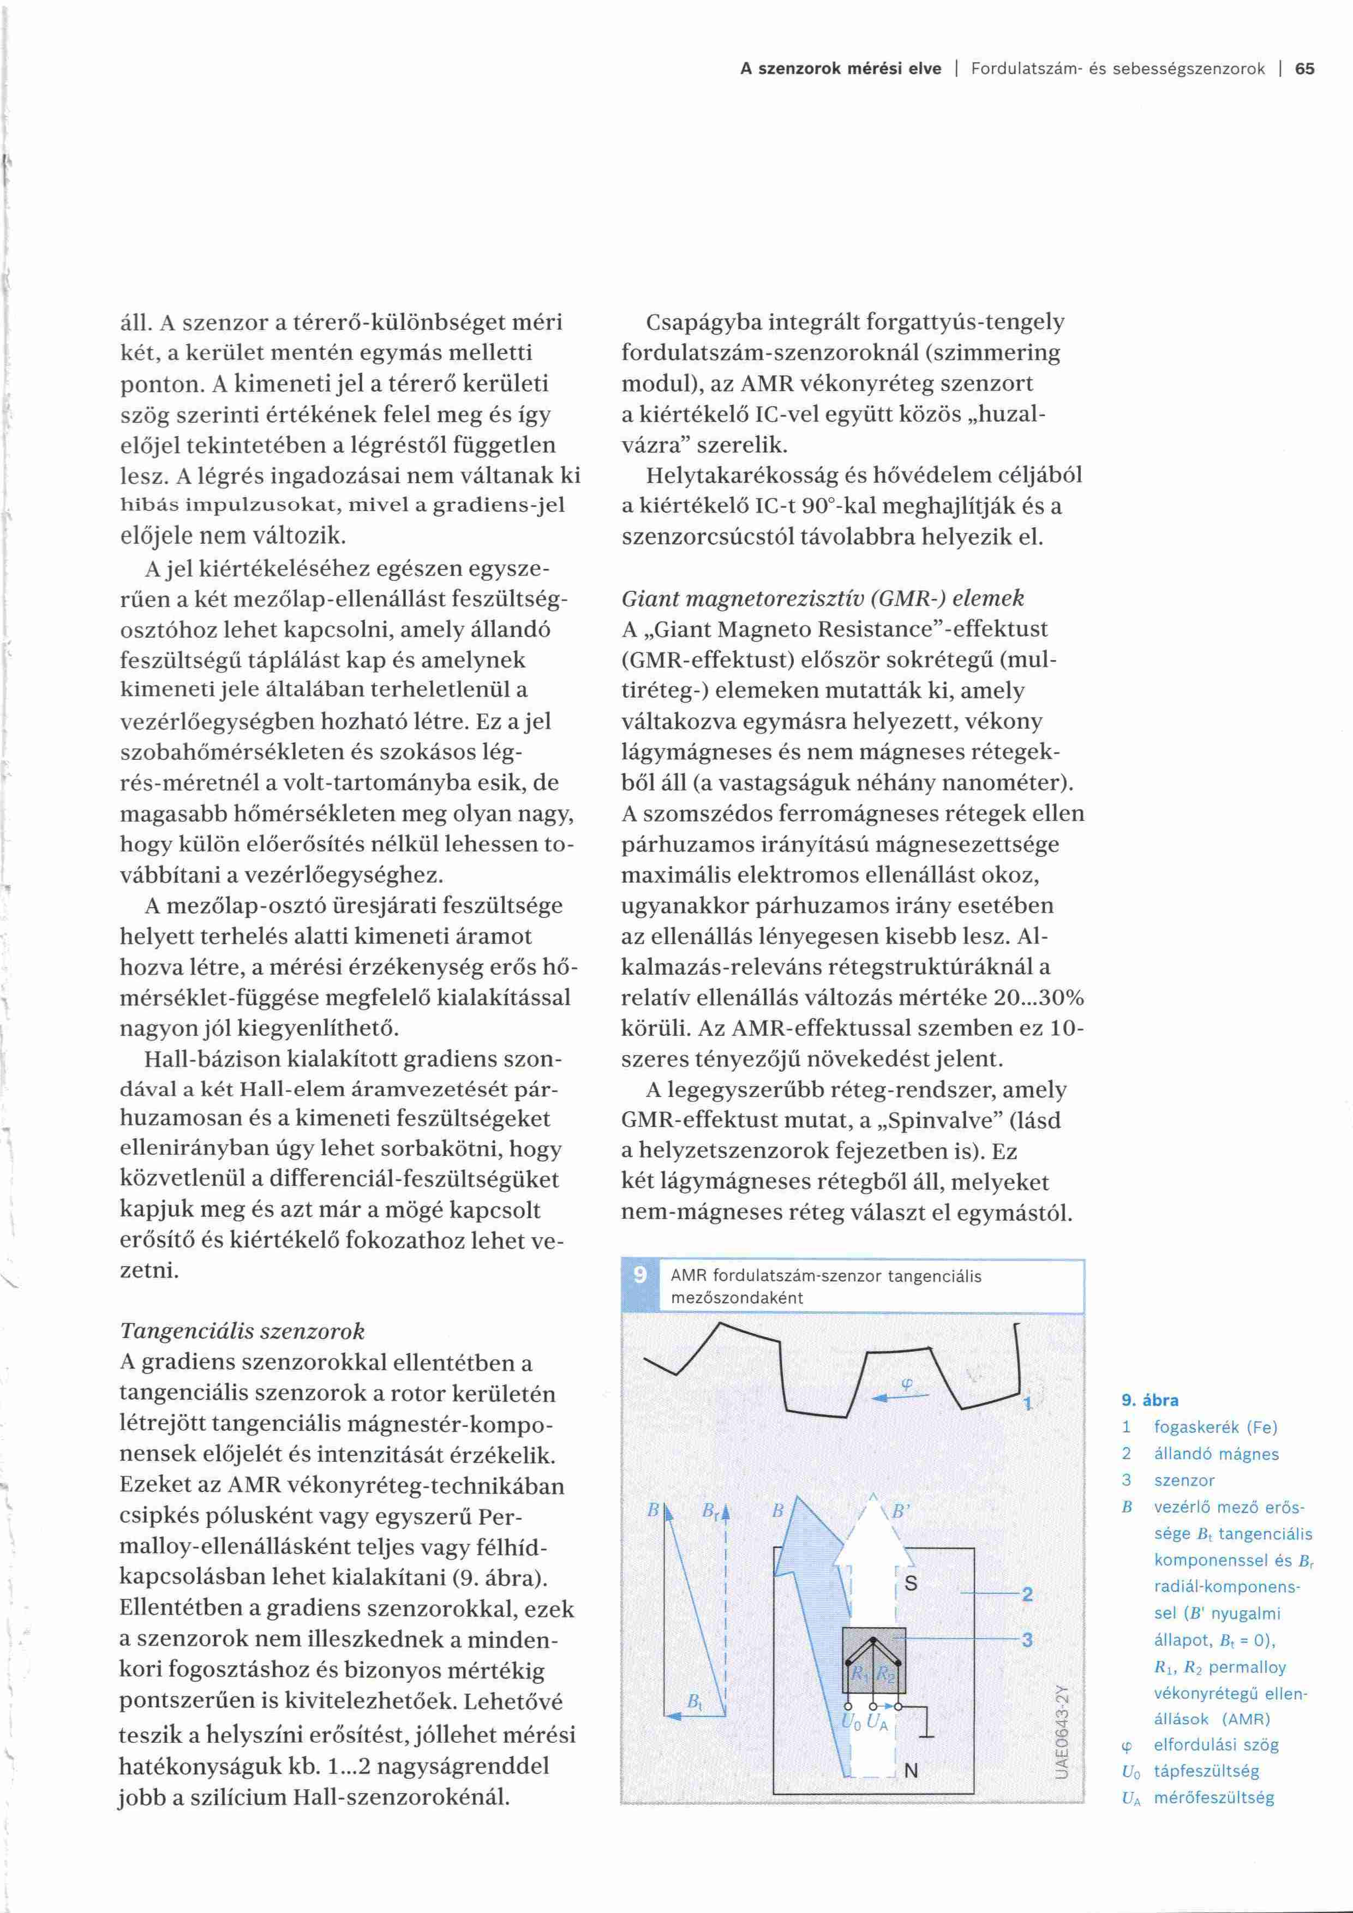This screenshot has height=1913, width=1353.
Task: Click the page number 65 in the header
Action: [x=1304, y=69]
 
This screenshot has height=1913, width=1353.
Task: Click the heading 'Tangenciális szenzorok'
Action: [x=242, y=1330]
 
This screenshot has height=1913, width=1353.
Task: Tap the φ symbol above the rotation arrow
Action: [x=906, y=1386]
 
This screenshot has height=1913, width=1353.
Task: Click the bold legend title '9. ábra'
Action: [x=1150, y=1401]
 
